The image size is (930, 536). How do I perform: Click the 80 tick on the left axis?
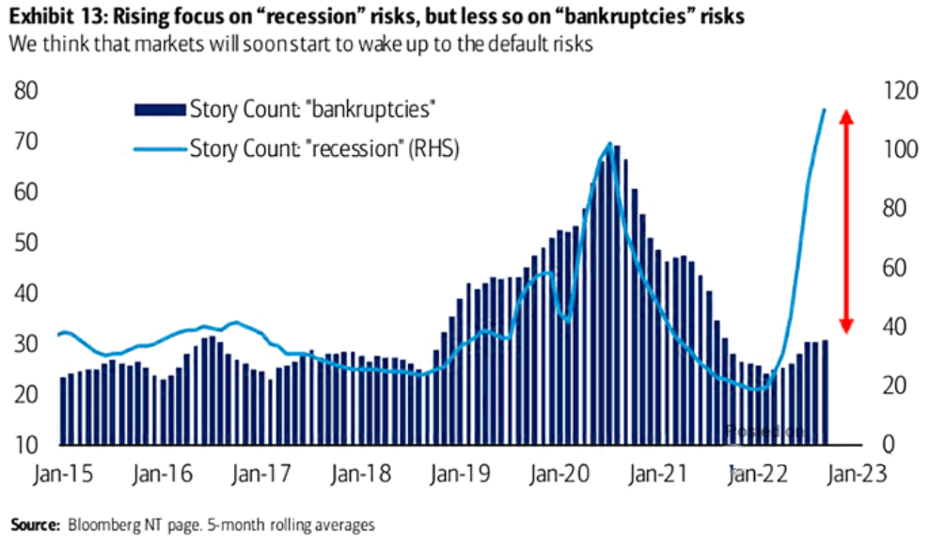pos(25,91)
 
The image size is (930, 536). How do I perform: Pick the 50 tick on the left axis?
pos(25,243)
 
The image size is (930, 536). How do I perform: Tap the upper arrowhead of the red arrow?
pos(845,117)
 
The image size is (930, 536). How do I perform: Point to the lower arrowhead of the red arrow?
pos(845,325)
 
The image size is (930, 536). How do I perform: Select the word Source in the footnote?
pos(33,524)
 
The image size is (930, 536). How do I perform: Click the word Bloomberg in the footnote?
pos(97,524)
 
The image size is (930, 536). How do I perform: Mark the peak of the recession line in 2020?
pos(609,145)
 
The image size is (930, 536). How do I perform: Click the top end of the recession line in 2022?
pos(825,110)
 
